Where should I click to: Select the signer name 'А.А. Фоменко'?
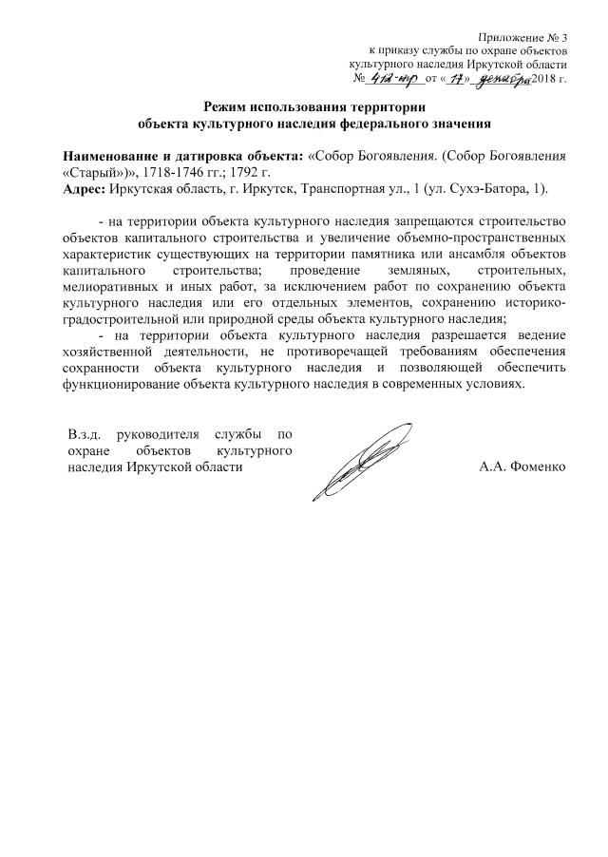click(x=523, y=467)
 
